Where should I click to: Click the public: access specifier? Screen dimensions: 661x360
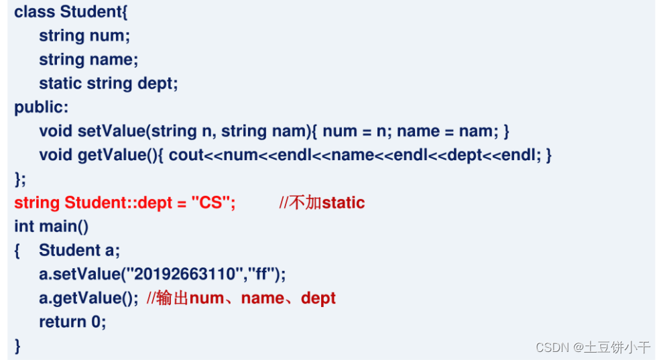tap(41, 107)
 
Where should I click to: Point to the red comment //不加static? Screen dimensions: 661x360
tap(322, 202)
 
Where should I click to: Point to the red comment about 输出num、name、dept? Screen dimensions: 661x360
tap(241, 298)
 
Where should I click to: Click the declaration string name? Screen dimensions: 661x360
tap(88, 59)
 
